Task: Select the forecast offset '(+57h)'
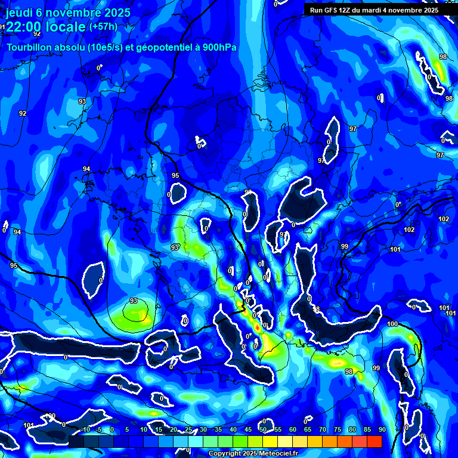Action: pos(103,27)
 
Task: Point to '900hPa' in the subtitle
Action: pos(217,47)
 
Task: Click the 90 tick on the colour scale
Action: pos(382,429)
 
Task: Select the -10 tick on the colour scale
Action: pos(83,429)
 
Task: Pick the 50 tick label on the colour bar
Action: pos(262,429)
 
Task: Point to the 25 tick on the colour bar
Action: pos(188,429)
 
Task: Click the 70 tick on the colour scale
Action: pos(322,429)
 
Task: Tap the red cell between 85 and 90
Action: pos(374,441)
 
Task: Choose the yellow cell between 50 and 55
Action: pos(270,441)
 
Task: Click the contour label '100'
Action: pos(392,324)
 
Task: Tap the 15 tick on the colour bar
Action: pos(158,429)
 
